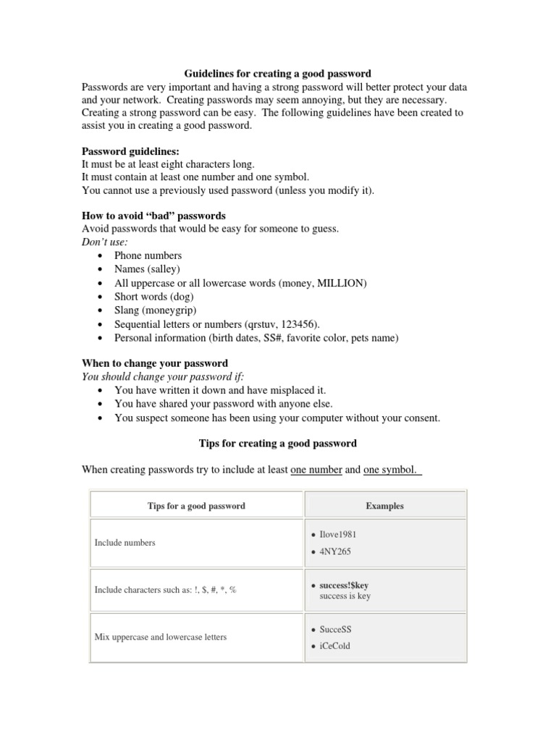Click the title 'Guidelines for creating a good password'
(277, 74)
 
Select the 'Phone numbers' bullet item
(148, 255)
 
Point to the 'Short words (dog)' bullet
(153, 297)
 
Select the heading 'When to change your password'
(155, 363)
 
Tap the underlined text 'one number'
(316, 470)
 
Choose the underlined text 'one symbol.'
(390, 470)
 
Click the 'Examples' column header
(385, 506)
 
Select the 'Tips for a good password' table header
(196, 506)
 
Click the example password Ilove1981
(338, 535)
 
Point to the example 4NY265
(335, 551)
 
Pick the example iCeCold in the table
(334, 646)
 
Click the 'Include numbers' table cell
(125, 543)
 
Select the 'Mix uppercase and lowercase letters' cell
(160, 637)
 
